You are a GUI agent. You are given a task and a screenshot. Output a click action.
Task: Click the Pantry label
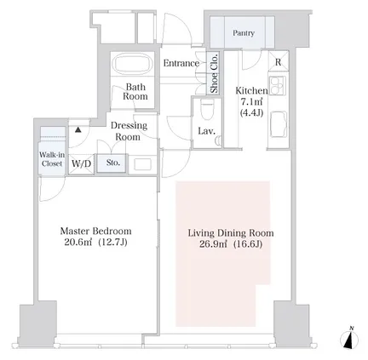(x=244, y=33)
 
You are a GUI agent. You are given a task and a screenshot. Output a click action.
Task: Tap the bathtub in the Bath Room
(x=132, y=63)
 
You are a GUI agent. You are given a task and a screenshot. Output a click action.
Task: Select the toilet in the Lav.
(x=207, y=109)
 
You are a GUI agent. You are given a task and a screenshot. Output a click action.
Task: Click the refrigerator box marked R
(x=279, y=61)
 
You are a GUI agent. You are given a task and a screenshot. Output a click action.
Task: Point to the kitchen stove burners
(x=278, y=86)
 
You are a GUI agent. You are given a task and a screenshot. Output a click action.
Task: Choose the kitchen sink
(x=279, y=124)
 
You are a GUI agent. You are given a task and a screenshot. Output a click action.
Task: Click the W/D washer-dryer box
(x=81, y=163)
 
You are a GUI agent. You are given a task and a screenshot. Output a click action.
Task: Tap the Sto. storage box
(x=112, y=163)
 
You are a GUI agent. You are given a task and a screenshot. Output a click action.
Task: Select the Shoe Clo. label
(x=214, y=73)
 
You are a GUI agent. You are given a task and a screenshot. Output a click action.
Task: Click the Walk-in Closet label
(x=52, y=159)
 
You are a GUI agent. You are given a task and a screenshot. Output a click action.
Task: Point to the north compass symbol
(x=349, y=339)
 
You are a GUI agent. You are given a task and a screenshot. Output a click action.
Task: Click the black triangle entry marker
(x=78, y=130)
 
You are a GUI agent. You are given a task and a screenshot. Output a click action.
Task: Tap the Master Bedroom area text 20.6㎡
(x=78, y=243)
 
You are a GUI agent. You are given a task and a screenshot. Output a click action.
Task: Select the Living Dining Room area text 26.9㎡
(x=213, y=244)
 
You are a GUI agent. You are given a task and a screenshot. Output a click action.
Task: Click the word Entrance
(x=181, y=63)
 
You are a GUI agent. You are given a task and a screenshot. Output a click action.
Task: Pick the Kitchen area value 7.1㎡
(x=251, y=101)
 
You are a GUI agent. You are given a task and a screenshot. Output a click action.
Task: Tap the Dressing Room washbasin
(x=142, y=164)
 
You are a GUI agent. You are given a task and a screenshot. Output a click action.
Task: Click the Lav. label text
(x=206, y=131)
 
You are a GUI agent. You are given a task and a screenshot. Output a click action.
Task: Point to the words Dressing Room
(x=129, y=131)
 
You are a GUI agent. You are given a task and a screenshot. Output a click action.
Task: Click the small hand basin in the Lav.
(x=218, y=140)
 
